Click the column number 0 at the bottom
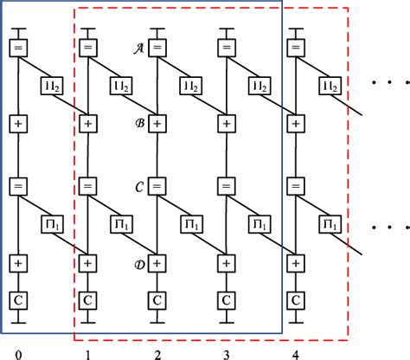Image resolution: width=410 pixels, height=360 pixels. click(18, 354)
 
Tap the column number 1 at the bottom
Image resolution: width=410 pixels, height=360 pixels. click(87, 354)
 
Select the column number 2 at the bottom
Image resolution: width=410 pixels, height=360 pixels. click(157, 354)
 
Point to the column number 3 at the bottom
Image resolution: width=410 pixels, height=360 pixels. click(226, 354)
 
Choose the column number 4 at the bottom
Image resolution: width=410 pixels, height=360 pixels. click(295, 354)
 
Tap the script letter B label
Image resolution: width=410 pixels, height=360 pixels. click(138, 123)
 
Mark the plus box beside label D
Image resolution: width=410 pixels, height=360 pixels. click(157, 260)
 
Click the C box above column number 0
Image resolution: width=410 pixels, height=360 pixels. click(18, 299)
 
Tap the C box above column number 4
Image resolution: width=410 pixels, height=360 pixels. click(295, 299)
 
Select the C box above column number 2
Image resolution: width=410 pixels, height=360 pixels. click(157, 299)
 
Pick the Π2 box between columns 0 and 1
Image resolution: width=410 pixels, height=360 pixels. click(52, 86)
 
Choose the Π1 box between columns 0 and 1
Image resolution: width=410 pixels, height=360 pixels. click(52, 223)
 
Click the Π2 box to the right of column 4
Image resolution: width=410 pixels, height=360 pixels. click(329, 86)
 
